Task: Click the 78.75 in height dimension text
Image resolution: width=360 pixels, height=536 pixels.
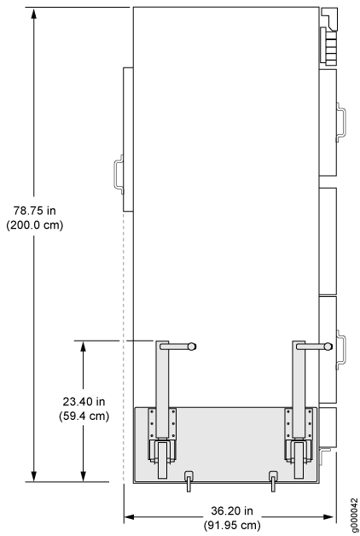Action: [34, 210]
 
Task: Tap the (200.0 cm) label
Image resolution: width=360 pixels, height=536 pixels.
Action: [34, 225]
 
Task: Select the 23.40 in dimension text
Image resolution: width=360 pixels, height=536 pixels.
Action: [84, 401]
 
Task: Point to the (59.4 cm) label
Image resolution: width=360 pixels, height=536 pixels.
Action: [84, 416]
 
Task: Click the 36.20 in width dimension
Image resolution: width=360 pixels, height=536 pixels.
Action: [232, 510]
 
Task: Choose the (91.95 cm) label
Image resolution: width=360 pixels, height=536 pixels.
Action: [232, 525]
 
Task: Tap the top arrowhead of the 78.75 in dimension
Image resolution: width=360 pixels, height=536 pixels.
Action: [33, 13]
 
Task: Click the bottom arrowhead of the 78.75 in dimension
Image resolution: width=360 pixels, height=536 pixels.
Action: [33, 476]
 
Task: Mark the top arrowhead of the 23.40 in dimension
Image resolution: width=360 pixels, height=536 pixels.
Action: [83, 347]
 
